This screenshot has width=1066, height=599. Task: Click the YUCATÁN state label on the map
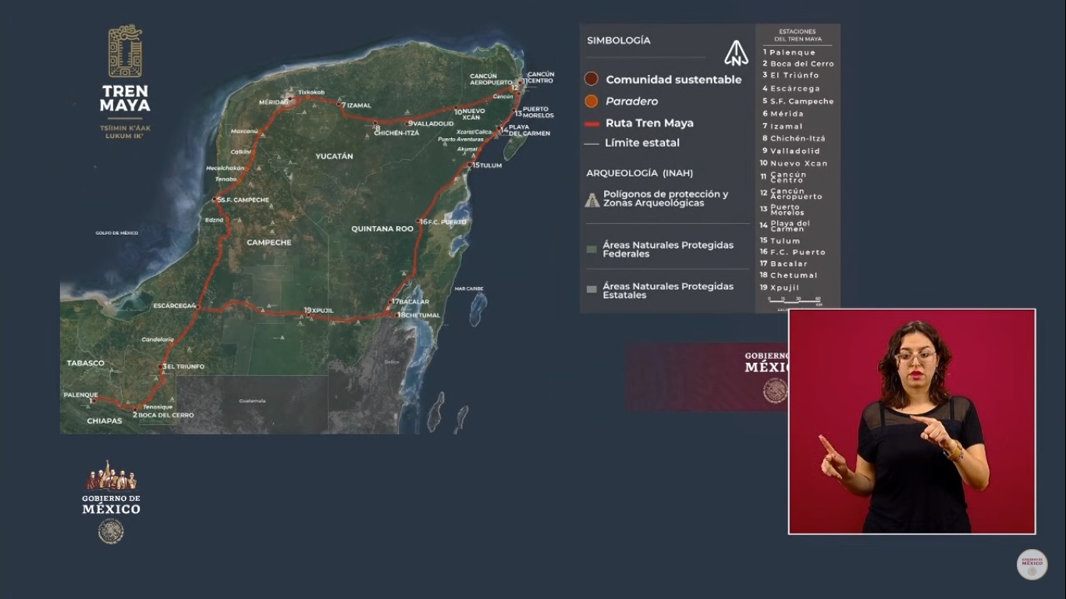(334, 157)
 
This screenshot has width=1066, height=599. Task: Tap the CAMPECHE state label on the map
(268, 243)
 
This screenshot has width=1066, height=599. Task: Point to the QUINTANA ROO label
(382, 229)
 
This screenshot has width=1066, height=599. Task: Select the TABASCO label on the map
(85, 363)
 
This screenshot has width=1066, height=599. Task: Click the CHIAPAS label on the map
(104, 421)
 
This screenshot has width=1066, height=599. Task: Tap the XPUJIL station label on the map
(322, 310)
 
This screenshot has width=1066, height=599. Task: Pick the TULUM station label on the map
(490, 165)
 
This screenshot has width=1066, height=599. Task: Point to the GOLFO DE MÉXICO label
(116, 233)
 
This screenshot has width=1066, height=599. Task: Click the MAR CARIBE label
(469, 289)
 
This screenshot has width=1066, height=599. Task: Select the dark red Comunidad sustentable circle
(592, 79)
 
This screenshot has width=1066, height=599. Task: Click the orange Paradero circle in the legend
(592, 101)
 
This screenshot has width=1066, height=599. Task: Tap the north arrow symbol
(736, 53)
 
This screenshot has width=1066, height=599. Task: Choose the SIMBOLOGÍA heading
(618, 41)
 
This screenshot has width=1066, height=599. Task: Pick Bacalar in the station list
(788, 264)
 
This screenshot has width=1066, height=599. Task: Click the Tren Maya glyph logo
(125, 51)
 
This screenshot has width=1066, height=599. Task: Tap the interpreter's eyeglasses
(916, 357)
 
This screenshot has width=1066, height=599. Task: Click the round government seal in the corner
(1032, 565)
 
